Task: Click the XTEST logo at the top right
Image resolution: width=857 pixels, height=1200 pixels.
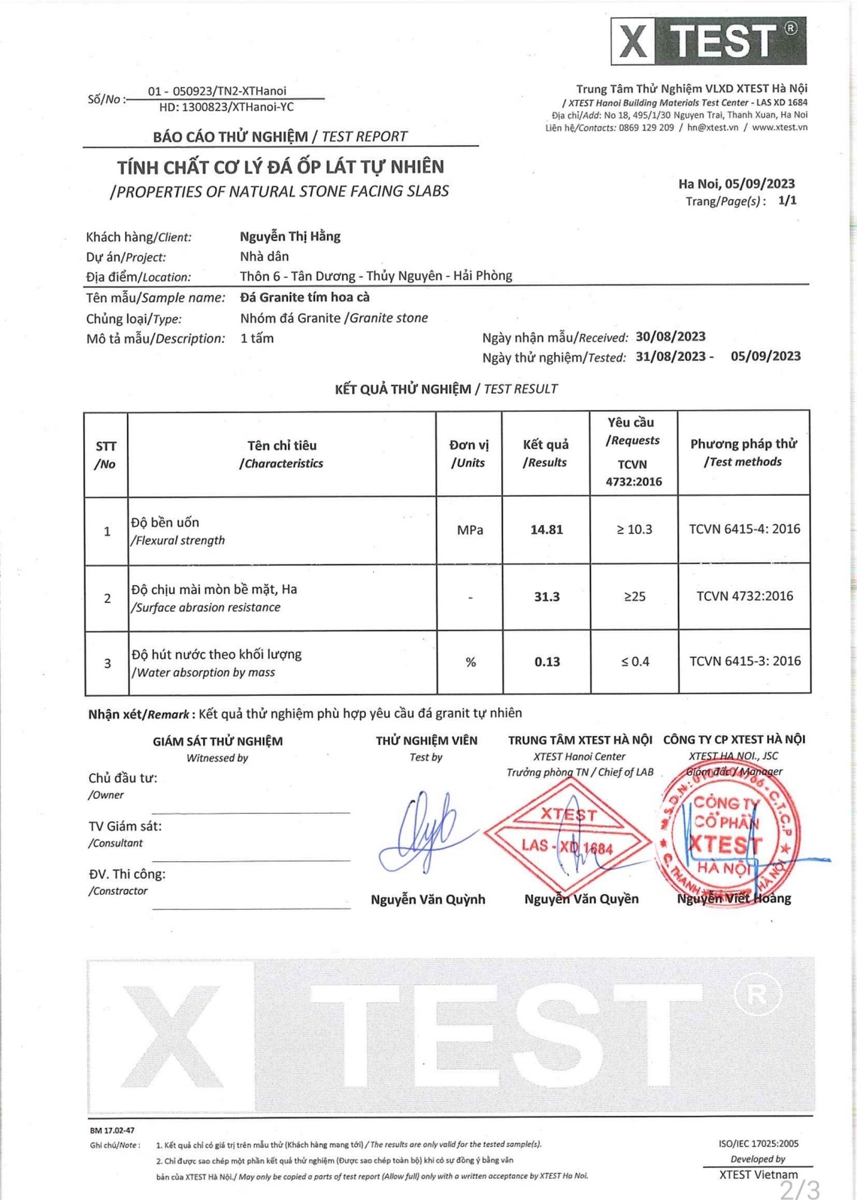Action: [708, 41]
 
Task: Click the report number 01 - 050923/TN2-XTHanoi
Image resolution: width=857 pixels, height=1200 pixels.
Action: [217, 91]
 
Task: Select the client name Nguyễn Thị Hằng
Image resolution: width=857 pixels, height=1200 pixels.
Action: [290, 237]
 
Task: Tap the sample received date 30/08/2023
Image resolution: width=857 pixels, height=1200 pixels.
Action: [670, 337]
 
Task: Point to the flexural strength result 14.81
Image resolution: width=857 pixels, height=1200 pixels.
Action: [546, 530]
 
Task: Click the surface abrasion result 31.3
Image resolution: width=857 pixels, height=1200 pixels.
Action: [546, 597]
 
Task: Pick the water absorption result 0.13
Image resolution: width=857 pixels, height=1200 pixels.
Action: [547, 662]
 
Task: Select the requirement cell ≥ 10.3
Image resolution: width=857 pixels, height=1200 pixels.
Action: [634, 530]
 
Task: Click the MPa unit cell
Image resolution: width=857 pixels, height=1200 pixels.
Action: [470, 530]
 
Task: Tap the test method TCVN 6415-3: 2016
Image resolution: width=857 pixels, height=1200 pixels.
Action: [745, 661]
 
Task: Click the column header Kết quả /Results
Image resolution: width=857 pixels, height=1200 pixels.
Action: [545, 453]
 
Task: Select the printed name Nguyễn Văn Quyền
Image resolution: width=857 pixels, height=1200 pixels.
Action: [581, 899]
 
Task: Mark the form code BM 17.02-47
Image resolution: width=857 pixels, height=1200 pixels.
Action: [112, 1130]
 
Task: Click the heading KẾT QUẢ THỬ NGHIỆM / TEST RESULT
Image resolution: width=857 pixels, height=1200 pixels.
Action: [446, 389]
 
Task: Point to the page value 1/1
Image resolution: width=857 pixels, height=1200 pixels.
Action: [787, 201]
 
